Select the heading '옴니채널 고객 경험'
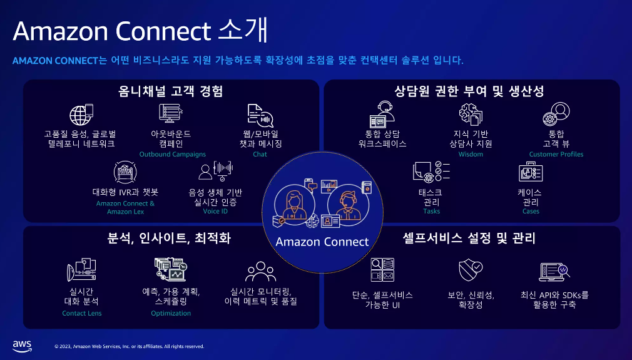171,91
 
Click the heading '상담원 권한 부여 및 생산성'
469,91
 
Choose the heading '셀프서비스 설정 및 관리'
468,239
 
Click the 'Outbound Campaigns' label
172,154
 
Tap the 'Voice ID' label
215,212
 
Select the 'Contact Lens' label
82,313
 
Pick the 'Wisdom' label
471,154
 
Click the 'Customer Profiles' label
556,154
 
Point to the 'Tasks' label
431,212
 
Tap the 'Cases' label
531,212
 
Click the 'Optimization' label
171,313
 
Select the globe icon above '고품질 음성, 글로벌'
81,115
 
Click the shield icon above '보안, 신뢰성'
470,270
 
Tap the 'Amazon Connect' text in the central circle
322,242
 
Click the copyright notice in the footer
129,346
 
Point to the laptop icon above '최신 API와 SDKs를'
554,271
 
